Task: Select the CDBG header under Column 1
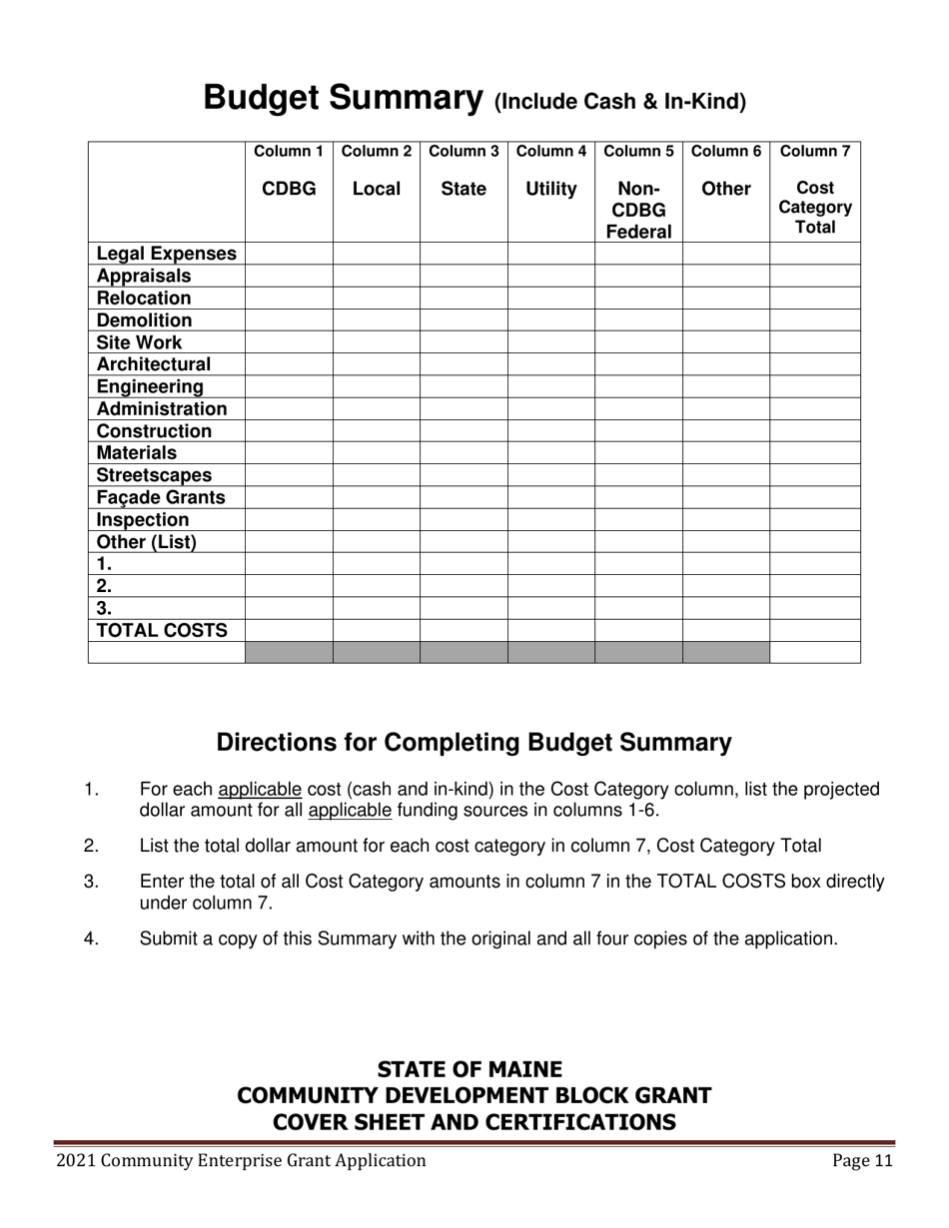289,189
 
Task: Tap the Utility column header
550,189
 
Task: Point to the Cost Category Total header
814,208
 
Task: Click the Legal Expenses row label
166,254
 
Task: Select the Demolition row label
144,320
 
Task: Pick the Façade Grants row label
161,497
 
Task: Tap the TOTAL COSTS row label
162,630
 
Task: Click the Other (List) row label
146,542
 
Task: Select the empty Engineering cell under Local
376,386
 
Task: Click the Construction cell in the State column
464,431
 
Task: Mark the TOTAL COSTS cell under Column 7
814,630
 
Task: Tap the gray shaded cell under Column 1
289,652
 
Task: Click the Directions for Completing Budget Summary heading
474,743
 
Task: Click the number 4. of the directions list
92,938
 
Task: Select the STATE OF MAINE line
470,1069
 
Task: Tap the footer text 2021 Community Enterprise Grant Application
241,1160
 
